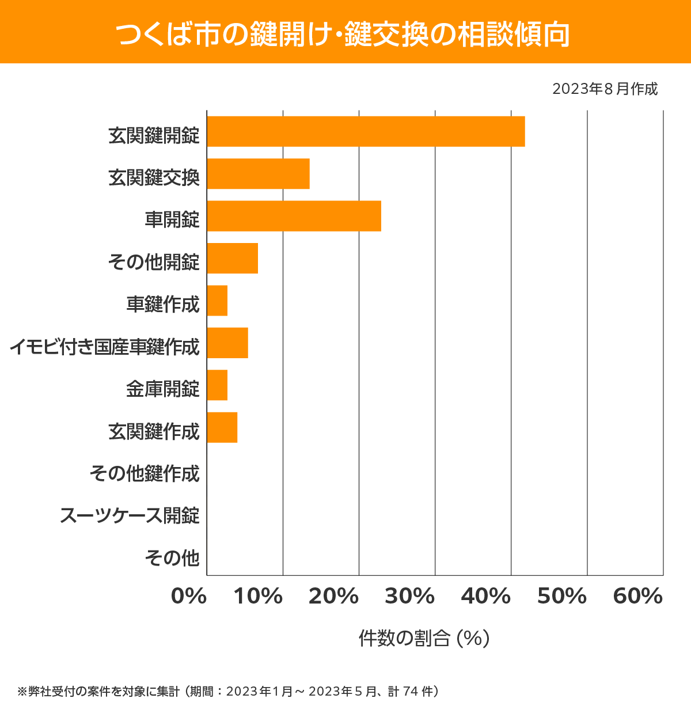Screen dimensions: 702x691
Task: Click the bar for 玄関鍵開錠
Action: point(366,131)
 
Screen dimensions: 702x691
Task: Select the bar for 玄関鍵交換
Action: point(258,173)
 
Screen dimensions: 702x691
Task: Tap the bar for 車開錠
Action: point(294,216)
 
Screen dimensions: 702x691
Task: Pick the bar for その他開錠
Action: point(232,258)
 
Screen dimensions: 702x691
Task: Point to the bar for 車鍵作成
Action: point(217,301)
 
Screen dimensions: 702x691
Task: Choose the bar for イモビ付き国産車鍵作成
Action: point(227,343)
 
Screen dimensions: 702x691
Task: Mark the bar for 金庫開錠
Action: point(217,385)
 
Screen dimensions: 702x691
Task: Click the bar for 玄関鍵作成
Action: point(222,427)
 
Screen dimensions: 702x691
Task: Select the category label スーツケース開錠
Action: point(130,515)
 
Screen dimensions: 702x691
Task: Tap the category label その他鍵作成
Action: point(145,473)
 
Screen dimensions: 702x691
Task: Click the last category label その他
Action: point(172,557)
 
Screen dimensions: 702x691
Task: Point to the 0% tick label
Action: point(189,597)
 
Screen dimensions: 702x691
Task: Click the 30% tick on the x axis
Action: point(409,597)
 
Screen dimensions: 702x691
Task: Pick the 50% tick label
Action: point(561,597)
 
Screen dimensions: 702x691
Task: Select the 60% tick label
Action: point(638,597)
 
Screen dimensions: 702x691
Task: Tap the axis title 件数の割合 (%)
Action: point(424,638)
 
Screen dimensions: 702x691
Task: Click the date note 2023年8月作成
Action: point(605,89)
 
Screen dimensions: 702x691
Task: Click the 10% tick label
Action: point(258,597)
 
